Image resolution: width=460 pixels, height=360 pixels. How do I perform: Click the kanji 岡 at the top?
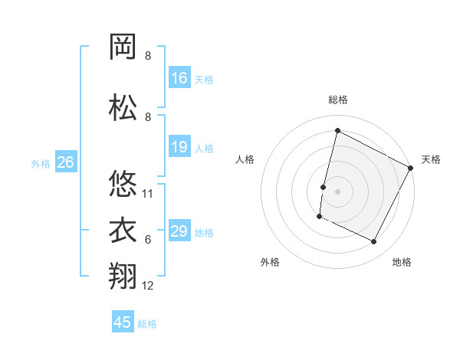123,47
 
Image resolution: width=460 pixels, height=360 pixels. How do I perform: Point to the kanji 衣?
123,231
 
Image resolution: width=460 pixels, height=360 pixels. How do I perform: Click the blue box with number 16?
179,78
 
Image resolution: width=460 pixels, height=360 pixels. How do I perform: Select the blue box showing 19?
179,147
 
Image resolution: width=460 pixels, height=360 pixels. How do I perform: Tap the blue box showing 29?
179,231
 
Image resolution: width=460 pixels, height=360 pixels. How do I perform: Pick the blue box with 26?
65,162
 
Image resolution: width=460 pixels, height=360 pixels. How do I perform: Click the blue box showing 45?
123,322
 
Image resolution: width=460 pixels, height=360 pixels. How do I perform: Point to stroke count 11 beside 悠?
148,194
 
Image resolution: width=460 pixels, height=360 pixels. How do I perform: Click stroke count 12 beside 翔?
148,286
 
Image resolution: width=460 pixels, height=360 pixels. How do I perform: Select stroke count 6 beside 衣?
148,240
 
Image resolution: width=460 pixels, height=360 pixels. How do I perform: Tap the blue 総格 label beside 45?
147,324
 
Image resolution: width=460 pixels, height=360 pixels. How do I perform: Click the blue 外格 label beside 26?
41,164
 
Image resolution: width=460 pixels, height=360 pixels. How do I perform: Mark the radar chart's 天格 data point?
412,168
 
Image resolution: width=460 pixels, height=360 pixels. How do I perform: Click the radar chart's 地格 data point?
374,242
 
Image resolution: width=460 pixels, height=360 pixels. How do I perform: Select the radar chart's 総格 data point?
337,130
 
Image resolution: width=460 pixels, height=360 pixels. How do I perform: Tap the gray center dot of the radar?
337,191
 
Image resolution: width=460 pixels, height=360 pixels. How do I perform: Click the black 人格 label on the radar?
245,159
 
